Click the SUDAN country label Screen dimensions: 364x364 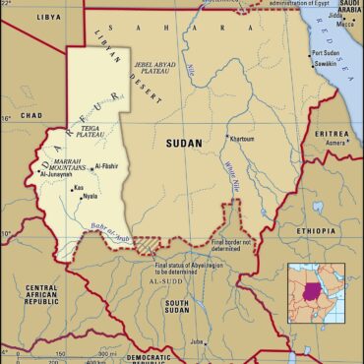click(184, 144)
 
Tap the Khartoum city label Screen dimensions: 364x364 click(242, 139)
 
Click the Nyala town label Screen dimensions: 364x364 click(90, 197)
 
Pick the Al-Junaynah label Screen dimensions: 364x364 click(59, 178)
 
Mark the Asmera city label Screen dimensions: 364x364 click(335, 142)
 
